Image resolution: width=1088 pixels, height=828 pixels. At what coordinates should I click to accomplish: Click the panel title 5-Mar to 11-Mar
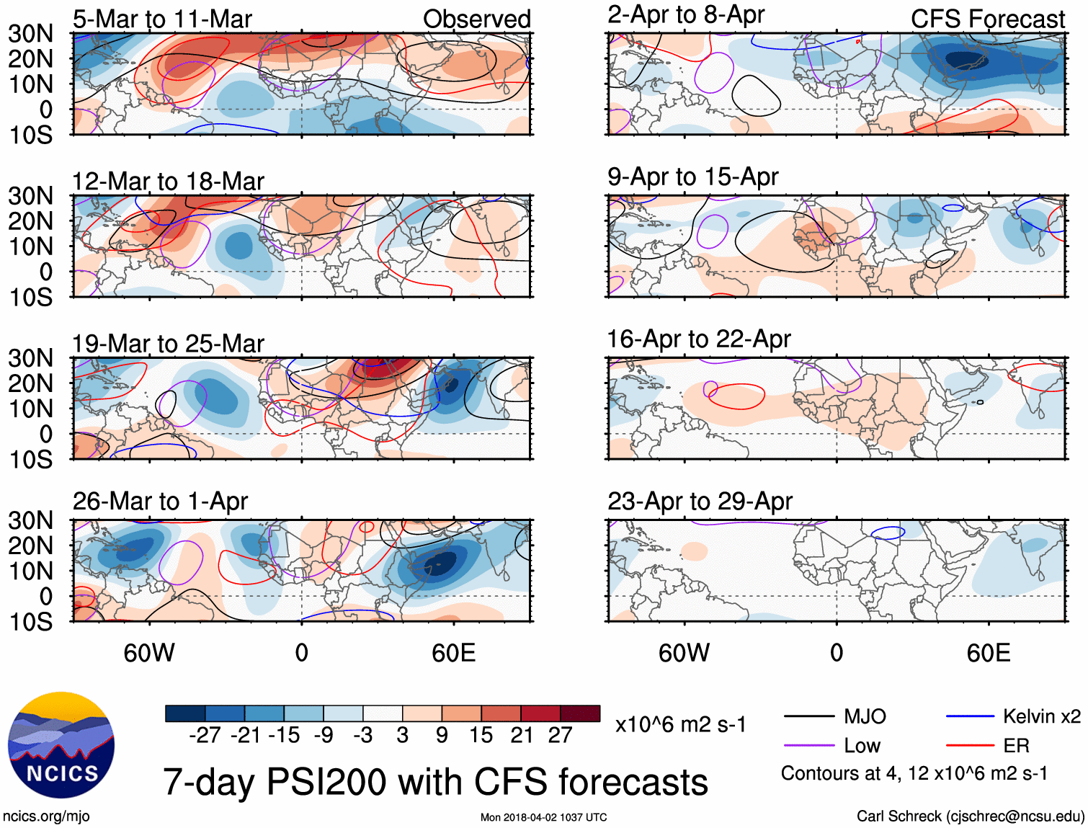pyautogui.click(x=162, y=19)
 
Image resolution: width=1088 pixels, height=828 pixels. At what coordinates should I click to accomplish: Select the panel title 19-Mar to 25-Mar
pyautogui.click(x=168, y=344)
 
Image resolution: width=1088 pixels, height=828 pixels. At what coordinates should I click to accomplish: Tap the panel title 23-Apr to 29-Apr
pyautogui.click(x=700, y=501)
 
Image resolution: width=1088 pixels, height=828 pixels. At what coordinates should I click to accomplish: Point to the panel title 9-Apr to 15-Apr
pyautogui.click(x=692, y=177)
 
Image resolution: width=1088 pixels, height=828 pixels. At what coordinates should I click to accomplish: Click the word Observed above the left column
pyautogui.click(x=476, y=19)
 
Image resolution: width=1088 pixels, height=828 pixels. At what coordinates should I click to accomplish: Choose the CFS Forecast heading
pyautogui.click(x=987, y=19)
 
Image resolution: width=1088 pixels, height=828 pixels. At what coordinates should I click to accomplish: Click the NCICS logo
pyautogui.click(x=61, y=745)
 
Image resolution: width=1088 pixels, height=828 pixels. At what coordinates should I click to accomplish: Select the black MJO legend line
pyautogui.click(x=809, y=716)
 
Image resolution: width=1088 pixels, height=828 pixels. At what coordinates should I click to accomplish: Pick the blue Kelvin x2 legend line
pyautogui.click(x=970, y=716)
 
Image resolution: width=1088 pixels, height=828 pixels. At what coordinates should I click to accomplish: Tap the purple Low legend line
pyautogui.click(x=809, y=745)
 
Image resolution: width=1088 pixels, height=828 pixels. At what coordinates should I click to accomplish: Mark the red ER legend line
pyautogui.click(x=970, y=745)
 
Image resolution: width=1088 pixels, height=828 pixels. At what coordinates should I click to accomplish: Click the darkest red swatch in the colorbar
pyautogui.click(x=580, y=713)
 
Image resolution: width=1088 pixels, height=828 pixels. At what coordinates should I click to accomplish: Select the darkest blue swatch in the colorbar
pyautogui.click(x=185, y=713)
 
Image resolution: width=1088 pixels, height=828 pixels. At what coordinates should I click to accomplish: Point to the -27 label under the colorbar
pyautogui.click(x=205, y=735)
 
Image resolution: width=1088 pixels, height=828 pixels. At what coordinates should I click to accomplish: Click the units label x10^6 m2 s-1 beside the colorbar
pyautogui.click(x=680, y=724)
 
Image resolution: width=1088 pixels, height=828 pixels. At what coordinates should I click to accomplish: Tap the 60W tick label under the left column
pyautogui.click(x=149, y=653)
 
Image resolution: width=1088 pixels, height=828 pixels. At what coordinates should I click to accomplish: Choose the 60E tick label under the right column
pyautogui.click(x=989, y=653)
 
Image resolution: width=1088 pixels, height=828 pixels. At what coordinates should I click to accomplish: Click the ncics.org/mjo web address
pyautogui.click(x=46, y=816)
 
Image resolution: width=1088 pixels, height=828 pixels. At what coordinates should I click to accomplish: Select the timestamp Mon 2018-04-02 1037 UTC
pyautogui.click(x=543, y=817)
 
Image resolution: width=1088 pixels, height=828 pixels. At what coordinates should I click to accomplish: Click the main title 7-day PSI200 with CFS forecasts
pyautogui.click(x=435, y=782)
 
